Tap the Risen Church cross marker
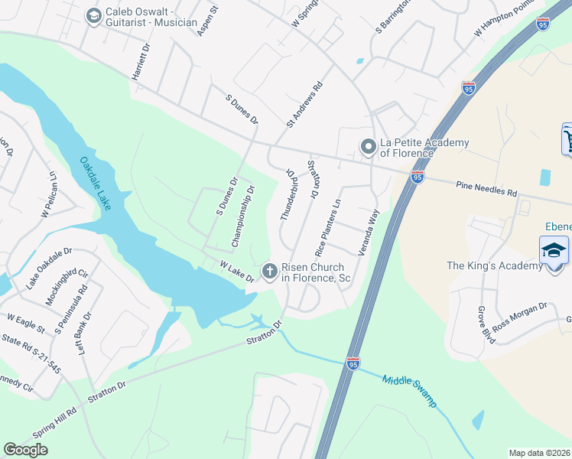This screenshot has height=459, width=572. [269, 271]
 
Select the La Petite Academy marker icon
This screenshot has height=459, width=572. [369, 145]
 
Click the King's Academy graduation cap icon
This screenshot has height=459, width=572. [554, 251]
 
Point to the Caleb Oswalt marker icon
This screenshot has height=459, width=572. [94, 16]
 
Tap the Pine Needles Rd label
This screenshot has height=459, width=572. [486, 188]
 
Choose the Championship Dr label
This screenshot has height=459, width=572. [243, 216]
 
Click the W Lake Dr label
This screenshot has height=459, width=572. [236, 271]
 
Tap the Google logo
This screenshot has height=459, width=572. [25, 450]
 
